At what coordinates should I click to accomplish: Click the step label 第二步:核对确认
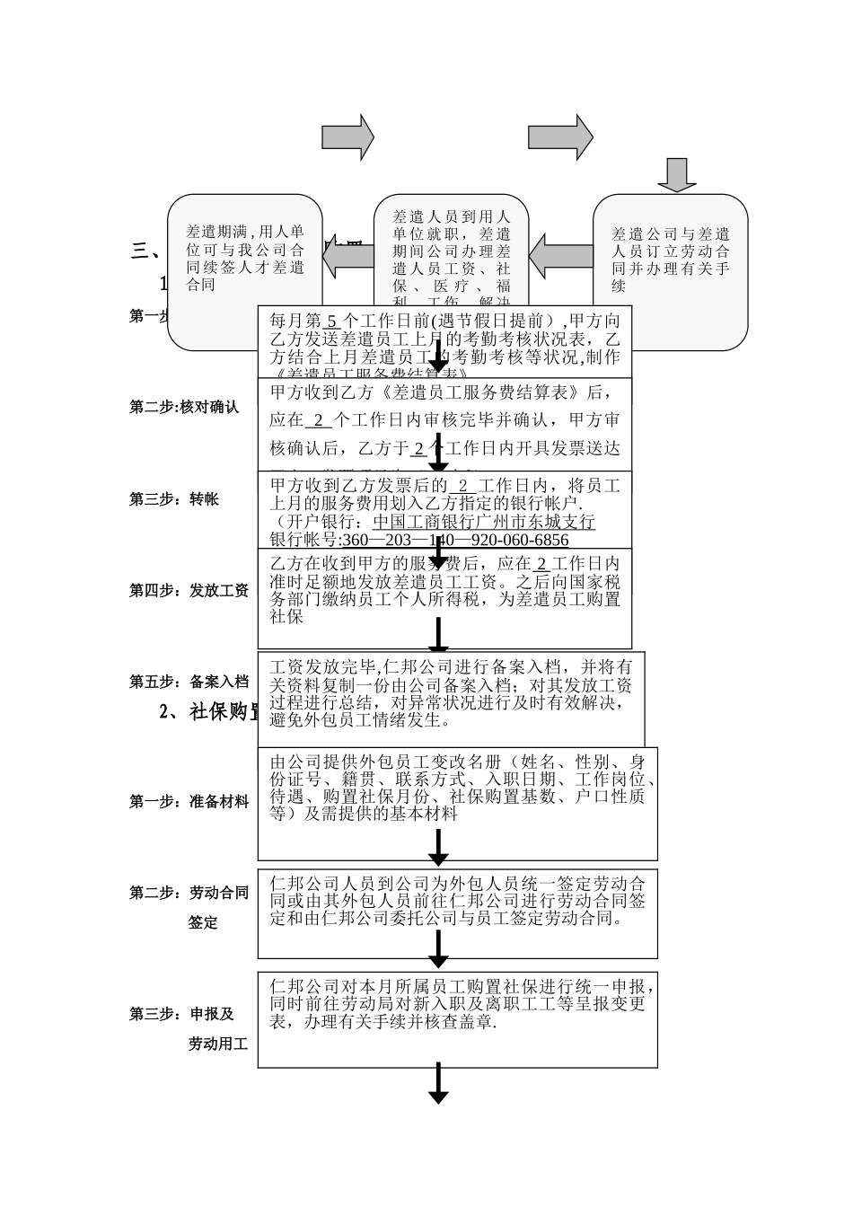coord(184,407)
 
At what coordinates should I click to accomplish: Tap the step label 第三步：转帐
coord(174,499)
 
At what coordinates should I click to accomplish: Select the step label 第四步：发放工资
coord(189,590)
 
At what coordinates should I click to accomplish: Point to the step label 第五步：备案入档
coord(189,682)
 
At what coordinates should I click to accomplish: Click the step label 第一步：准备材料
coord(189,801)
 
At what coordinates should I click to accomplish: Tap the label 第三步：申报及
coord(181,1014)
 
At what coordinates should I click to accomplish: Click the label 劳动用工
coord(217,1044)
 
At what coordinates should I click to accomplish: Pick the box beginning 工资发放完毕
coord(451,693)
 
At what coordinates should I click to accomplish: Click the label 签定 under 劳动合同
coord(203,922)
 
